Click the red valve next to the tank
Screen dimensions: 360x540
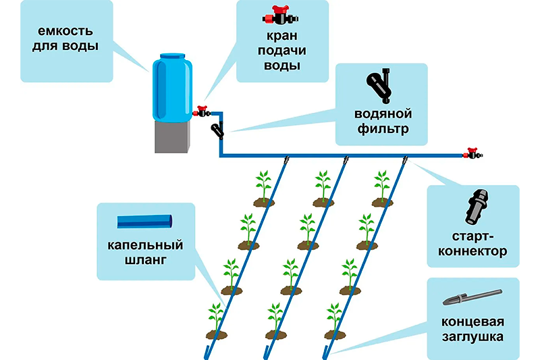(x=201, y=111)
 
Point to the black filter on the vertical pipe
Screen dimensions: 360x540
(x=217, y=129)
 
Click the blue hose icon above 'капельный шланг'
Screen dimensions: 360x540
(x=144, y=221)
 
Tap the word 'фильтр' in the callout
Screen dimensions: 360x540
(x=383, y=128)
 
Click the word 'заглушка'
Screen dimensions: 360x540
(x=473, y=334)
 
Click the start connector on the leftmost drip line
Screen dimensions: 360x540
(x=286, y=161)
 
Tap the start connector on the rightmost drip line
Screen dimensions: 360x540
(x=405, y=161)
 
